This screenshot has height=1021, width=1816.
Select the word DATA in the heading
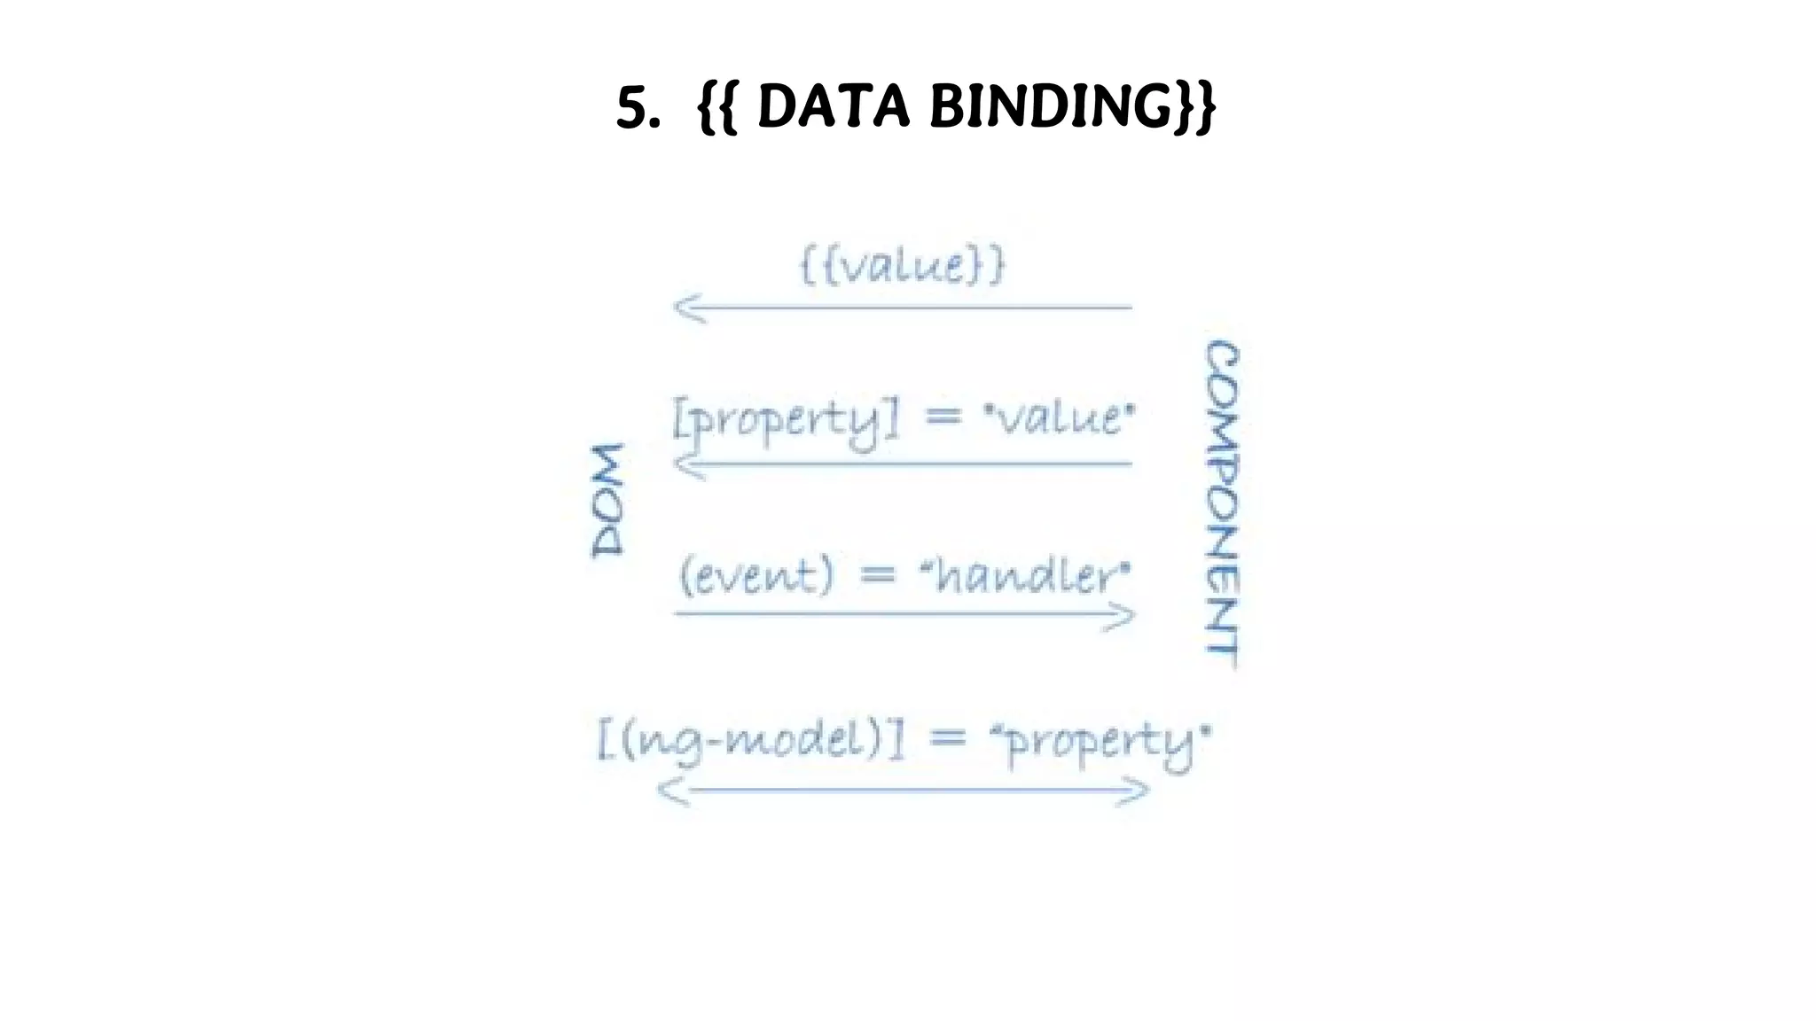[834, 107]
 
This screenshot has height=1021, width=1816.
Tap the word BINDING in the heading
[1050, 107]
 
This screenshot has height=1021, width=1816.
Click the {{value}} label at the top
[903, 265]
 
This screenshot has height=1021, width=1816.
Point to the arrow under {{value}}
[903, 308]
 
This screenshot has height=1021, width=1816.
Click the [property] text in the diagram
[786, 420]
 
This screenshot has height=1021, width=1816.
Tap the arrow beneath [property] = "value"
[903, 464]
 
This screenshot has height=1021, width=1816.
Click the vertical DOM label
[608, 501]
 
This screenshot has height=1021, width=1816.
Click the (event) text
[757, 575]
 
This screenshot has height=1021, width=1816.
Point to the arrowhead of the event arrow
[1122, 615]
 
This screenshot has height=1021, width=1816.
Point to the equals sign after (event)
[878, 576]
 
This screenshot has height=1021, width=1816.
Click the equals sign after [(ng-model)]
[947, 740]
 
